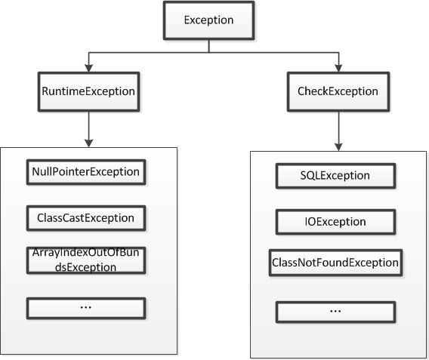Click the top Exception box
(x=208, y=20)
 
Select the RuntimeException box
(x=88, y=91)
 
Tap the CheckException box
(x=338, y=91)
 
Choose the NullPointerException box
(x=86, y=172)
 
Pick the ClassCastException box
(x=86, y=218)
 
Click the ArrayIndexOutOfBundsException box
(x=86, y=260)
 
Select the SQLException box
(x=335, y=176)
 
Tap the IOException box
(x=335, y=222)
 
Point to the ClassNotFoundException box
(x=335, y=263)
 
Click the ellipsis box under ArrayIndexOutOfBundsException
(x=86, y=309)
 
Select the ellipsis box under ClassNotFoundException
(x=335, y=312)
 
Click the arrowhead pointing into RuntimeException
(x=88, y=69)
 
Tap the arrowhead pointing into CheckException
(x=338, y=69)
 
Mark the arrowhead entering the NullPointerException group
(x=88, y=143)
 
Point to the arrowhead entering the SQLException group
(x=338, y=147)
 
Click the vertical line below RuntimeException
(x=88, y=126)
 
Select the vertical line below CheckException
(x=338, y=128)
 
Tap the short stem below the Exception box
(x=209, y=46)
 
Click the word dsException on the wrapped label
(x=85, y=267)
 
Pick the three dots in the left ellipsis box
(x=86, y=307)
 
